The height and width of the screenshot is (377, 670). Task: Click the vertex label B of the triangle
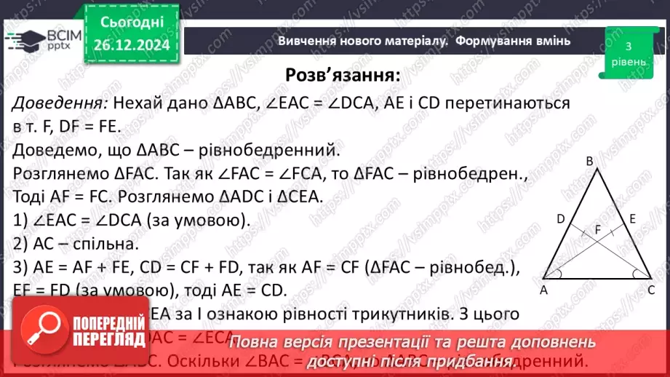(x=590, y=162)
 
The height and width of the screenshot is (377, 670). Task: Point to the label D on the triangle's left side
(x=560, y=218)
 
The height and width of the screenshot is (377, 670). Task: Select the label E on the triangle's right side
(x=633, y=218)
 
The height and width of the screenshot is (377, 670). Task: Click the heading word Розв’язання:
(x=342, y=76)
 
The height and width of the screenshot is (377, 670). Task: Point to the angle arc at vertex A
(x=557, y=274)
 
